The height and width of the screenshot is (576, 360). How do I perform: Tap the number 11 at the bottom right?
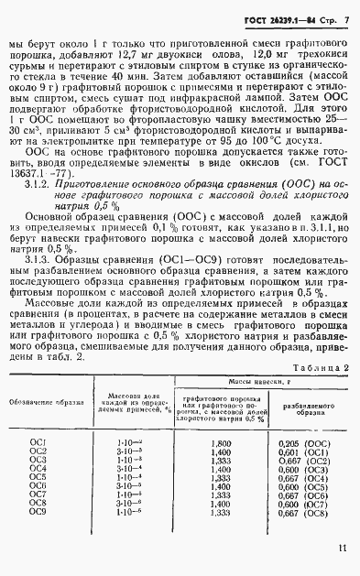pos(341,549)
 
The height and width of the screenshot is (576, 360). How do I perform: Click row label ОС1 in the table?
pos(38,441)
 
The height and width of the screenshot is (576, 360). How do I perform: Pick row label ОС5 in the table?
pos(38,474)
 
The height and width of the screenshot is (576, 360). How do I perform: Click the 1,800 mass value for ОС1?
pos(220,441)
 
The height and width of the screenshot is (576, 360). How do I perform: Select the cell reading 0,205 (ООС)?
pos(303,441)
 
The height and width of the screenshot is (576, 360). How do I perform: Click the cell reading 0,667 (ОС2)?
pos(303,458)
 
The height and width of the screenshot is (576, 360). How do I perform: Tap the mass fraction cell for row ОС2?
pos(124,450)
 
